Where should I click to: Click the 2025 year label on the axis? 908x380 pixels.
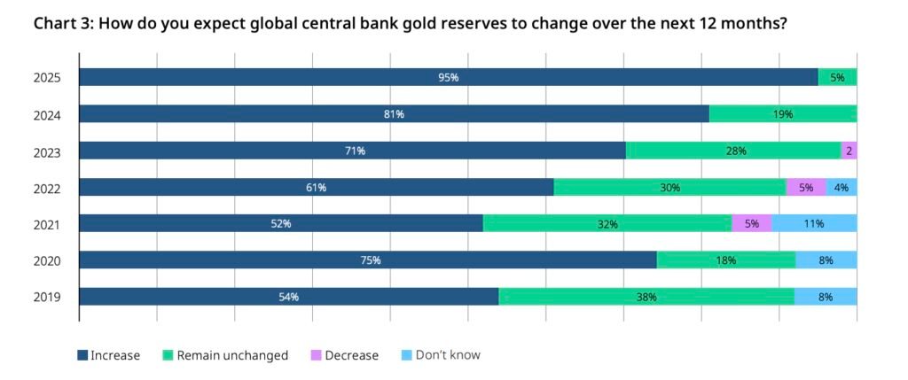(x=46, y=78)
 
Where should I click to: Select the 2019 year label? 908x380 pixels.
(x=46, y=298)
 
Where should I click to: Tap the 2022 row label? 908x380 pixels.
(x=46, y=188)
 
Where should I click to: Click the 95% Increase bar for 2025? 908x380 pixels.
(x=448, y=78)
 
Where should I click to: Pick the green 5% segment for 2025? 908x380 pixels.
(x=837, y=78)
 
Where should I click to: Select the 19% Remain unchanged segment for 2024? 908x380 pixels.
(x=782, y=114)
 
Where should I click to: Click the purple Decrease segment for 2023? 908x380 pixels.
(x=849, y=151)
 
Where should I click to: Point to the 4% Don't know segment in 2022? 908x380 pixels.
(x=841, y=188)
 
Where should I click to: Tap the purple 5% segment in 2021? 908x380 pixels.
(x=751, y=224)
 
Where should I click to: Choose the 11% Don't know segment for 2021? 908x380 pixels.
(x=814, y=224)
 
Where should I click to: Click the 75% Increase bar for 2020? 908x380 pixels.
(x=368, y=260)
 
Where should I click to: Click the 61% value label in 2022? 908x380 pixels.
(x=317, y=188)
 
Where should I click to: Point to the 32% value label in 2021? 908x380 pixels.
(x=607, y=224)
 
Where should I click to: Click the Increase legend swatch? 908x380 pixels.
(x=82, y=355)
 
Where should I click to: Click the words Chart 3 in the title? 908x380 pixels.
(x=62, y=23)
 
